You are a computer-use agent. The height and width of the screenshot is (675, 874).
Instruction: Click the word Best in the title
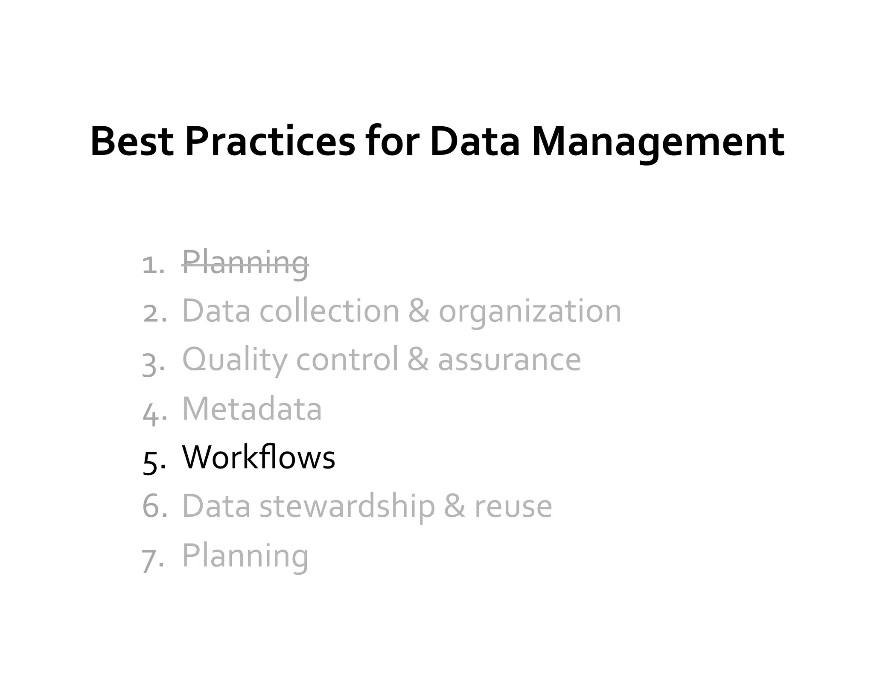pyautogui.click(x=132, y=142)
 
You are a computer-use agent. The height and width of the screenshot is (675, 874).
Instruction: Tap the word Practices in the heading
pyautogui.click(x=270, y=142)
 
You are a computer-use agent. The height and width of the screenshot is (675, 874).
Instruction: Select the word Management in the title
pyautogui.click(x=658, y=142)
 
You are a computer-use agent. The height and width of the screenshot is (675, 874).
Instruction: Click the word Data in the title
pyautogui.click(x=475, y=142)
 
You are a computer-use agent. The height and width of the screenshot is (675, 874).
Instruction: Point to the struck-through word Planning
pyautogui.click(x=245, y=263)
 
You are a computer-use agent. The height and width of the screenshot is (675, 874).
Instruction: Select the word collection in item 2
pyautogui.click(x=329, y=311)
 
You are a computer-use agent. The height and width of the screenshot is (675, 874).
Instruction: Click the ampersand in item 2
pyautogui.click(x=419, y=311)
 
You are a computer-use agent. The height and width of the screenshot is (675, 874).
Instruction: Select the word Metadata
pyautogui.click(x=252, y=409)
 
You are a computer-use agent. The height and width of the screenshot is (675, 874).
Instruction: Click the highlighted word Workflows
pyautogui.click(x=259, y=457)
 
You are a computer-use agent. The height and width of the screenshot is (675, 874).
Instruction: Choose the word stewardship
pyautogui.click(x=347, y=506)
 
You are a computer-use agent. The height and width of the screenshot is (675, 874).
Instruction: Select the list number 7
pyautogui.click(x=151, y=559)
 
